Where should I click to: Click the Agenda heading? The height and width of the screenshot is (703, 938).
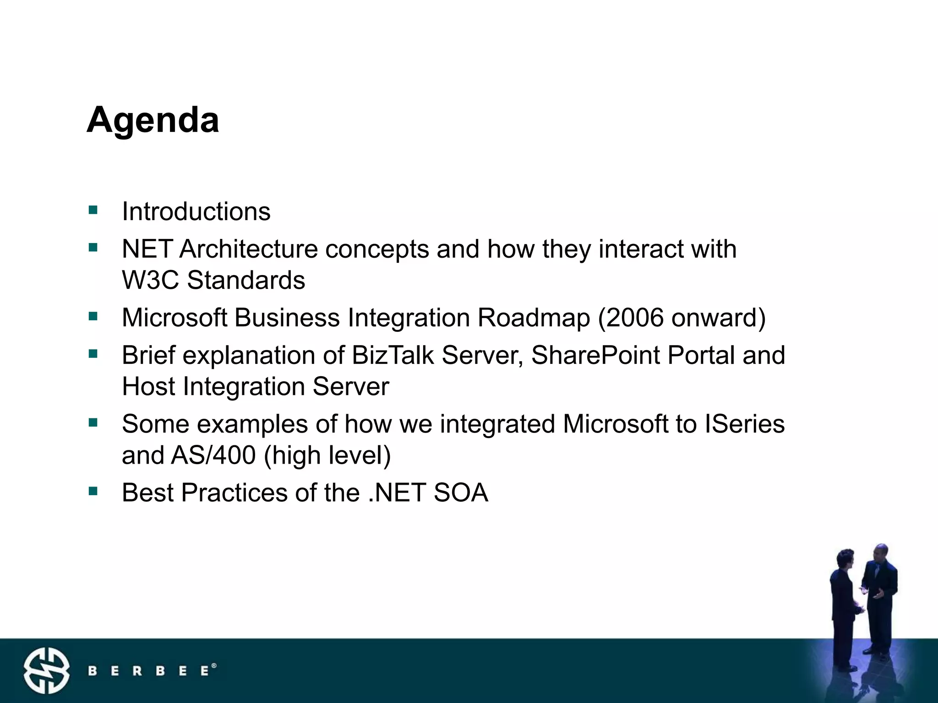pyautogui.click(x=153, y=120)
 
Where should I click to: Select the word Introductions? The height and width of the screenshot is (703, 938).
pyautogui.click(x=196, y=211)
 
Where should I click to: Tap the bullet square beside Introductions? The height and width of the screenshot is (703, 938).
pyautogui.click(x=93, y=210)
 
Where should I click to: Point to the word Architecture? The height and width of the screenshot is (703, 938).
pyautogui.click(x=249, y=249)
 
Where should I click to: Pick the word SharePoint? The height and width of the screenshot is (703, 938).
pyautogui.click(x=596, y=355)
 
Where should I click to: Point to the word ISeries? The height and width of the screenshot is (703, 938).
pyautogui.click(x=744, y=424)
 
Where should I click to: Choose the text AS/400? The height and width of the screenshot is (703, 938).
pyautogui.click(x=213, y=455)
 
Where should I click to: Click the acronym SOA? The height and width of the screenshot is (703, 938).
pyautogui.click(x=461, y=492)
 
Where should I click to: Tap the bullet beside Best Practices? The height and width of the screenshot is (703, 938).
pyautogui.click(x=93, y=491)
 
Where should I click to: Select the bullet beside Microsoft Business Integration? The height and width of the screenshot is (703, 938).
pyautogui.click(x=93, y=316)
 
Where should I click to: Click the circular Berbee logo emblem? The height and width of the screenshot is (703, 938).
pyautogui.click(x=47, y=671)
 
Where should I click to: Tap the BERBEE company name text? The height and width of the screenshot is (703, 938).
pyautogui.click(x=151, y=671)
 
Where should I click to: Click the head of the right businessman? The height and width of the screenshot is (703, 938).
pyautogui.click(x=880, y=553)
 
